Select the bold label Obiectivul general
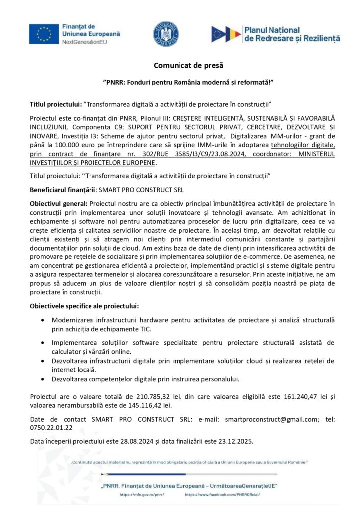[x=59, y=204]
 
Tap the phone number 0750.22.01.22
[x=51, y=427]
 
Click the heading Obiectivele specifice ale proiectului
[x=85, y=305]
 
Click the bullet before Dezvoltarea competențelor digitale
[x=46, y=379]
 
